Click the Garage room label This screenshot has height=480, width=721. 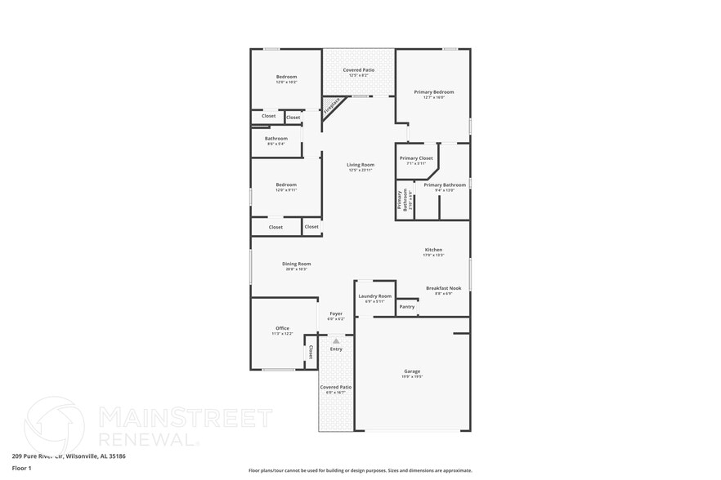[x=412, y=371]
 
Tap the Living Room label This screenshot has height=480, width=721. [x=360, y=165]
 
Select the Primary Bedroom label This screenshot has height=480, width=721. [x=433, y=92]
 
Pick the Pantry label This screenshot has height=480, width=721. [x=406, y=307]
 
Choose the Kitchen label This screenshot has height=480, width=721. [x=433, y=250]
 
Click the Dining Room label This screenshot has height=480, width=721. [x=296, y=264]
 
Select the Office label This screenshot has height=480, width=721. [x=282, y=328]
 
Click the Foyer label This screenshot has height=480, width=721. [x=336, y=313]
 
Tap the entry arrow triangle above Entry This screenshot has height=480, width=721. [x=335, y=340]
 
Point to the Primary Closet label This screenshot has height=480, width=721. [x=416, y=158]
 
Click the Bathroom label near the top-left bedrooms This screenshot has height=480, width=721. [x=275, y=139]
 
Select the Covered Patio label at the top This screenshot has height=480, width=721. [x=358, y=70]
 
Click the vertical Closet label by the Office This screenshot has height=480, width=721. [x=311, y=351]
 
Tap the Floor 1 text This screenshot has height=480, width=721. [x=21, y=468]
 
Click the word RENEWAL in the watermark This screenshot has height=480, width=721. [x=148, y=438]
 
